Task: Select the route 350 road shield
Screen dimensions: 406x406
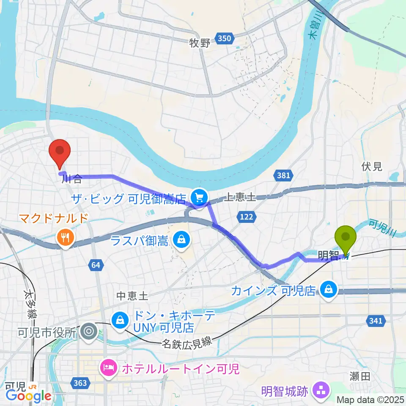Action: click(224, 39)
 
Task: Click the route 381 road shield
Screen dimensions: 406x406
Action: click(282, 175)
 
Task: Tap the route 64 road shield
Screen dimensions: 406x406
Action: click(96, 265)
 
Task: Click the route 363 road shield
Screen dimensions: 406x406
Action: click(80, 383)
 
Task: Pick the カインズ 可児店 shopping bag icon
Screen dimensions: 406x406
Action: click(328, 290)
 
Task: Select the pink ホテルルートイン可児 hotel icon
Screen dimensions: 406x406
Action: click(109, 368)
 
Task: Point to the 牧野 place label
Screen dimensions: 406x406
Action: click(200, 43)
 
